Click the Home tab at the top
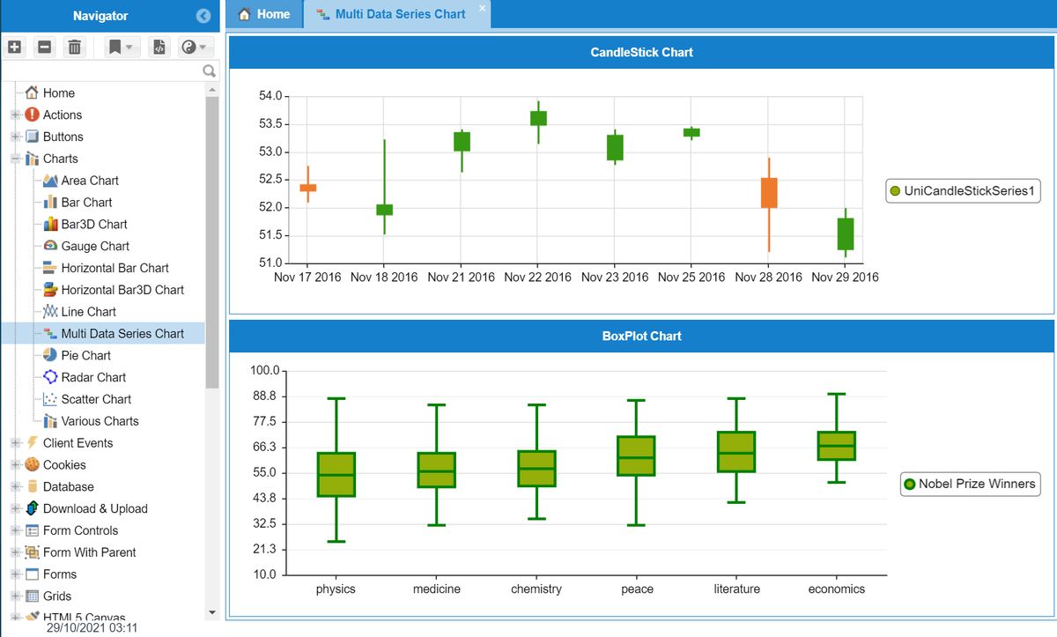(264, 14)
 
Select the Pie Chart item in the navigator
(85, 355)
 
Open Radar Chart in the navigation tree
(93, 377)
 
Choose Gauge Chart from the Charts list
(95, 246)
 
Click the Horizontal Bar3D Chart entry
(122, 290)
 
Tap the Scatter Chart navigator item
(96, 399)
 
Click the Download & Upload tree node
(95, 508)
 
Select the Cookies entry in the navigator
(64, 465)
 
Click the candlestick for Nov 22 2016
(538, 118)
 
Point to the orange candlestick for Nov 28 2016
(769, 193)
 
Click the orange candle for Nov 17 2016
(307, 188)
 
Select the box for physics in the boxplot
(336, 475)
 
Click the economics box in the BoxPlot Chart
(836, 446)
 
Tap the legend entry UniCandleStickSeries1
(963, 191)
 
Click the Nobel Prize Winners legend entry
(969, 484)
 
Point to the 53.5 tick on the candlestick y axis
(269, 123)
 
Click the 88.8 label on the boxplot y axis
(265, 396)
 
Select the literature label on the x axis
(736, 589)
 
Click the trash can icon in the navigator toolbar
(75, 48)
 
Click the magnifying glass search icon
(209, 70)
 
